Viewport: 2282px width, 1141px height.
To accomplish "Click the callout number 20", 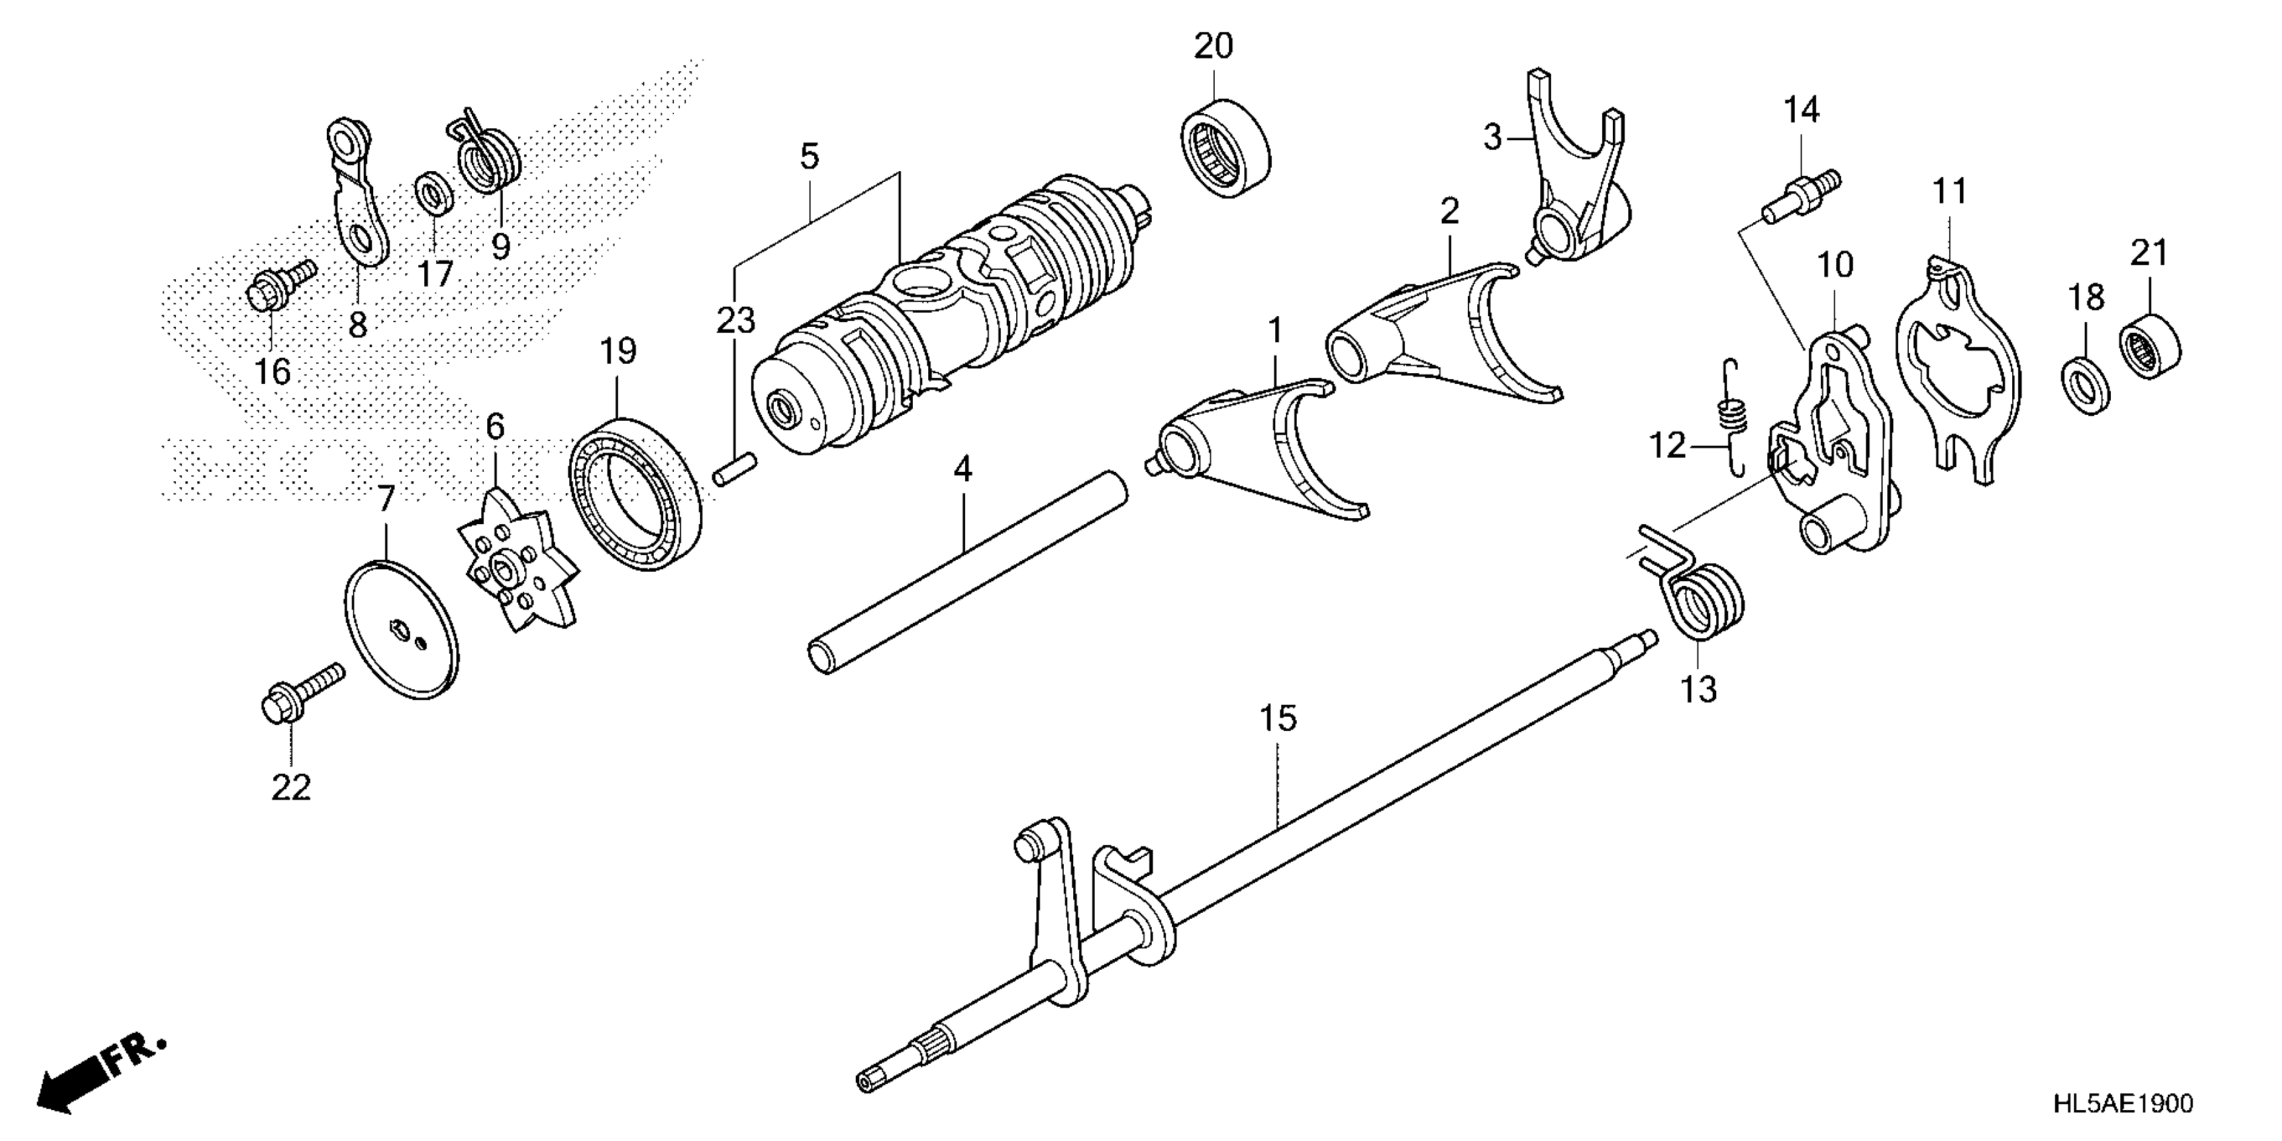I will (x=1213, y=46).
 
